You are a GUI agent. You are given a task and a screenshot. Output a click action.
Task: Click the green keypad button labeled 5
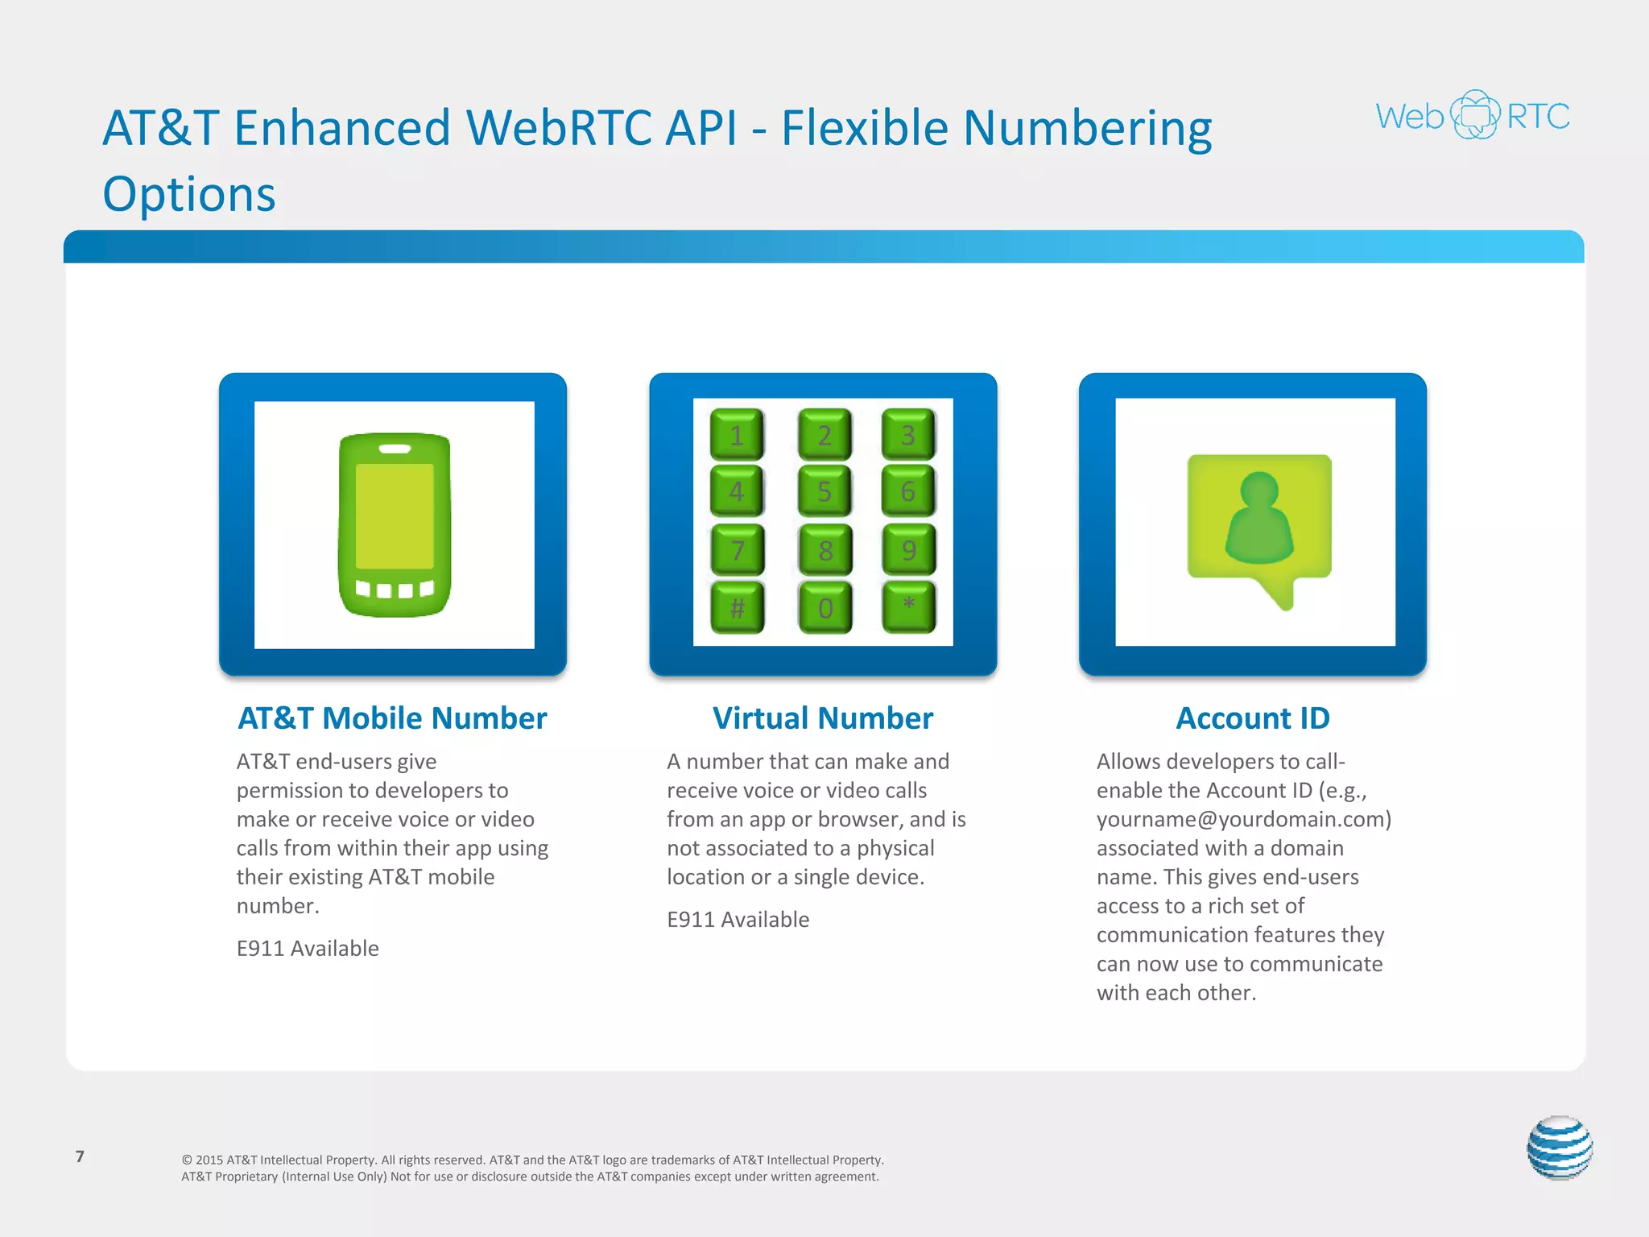click(824, 490)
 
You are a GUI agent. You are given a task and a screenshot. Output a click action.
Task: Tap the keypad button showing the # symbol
click(737, 607)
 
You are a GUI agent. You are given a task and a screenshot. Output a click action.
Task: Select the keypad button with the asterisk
click(908, 606)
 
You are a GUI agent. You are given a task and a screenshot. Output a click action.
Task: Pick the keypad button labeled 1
click(737, 435)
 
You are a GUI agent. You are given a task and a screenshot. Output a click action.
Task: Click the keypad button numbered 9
click(908, 549)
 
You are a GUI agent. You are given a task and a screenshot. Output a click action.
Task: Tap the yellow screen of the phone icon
click(395, 515)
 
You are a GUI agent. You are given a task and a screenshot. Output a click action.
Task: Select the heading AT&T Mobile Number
click(392, 718)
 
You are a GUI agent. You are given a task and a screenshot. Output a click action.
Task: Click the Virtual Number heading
click(823, 718)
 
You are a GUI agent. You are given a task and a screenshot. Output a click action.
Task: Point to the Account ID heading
click(1253, 718)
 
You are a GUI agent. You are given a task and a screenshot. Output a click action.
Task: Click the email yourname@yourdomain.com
click(1243, 819)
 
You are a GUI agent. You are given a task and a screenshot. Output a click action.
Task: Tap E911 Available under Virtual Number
click(738, 919)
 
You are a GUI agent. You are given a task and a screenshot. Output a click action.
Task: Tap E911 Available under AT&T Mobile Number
click(308, 948)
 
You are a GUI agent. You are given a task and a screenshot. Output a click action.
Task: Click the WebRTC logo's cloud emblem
click(1474, 115)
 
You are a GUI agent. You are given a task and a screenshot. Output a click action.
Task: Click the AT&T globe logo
click(1560, 1148)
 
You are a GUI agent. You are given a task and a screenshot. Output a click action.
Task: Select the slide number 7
click(80, 1156)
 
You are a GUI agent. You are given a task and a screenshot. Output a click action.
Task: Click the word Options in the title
click(189, 194)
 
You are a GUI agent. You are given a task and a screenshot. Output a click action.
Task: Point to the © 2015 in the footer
click(202, 1160)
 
